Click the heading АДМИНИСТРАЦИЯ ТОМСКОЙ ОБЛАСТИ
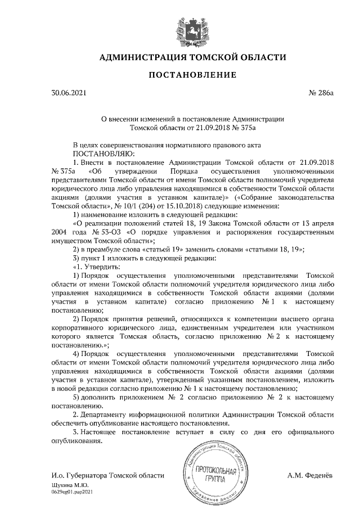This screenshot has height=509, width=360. (193, 57)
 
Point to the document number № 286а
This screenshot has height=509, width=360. (321, 93)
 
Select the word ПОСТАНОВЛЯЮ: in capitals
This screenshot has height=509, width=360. (102, 153)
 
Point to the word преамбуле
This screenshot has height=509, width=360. (103, 249)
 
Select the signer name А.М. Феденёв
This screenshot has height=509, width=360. (310, 476)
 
